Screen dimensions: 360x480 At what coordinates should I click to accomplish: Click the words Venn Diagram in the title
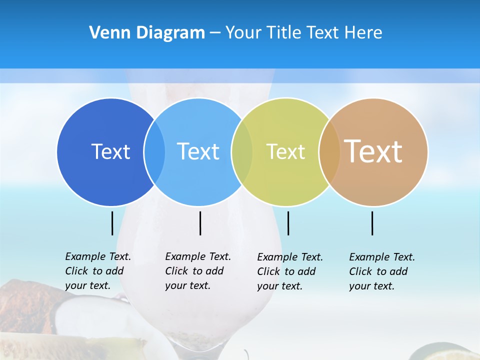pos(147,33)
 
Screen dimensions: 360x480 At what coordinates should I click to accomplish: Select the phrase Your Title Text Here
pos(303,33)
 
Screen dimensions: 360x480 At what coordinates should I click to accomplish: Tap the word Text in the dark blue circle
pos(110,151)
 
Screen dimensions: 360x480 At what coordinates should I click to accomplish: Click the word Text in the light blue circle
pos(198,151)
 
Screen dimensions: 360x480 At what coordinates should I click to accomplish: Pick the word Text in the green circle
pos(285,151)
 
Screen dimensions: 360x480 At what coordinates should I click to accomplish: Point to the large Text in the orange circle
pos(373,151)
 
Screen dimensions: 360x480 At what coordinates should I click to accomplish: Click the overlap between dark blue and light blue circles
pos(154,151)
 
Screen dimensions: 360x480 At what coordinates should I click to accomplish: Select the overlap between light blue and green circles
pos(242,151)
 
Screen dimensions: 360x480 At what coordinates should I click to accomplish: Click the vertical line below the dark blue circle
pos(112,223)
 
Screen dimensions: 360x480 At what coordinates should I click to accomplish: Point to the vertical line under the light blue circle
pos(200,223)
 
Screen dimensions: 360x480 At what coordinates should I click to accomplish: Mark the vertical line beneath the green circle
pos(288,223)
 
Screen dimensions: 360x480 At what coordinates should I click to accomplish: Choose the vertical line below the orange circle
pos(372,223)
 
